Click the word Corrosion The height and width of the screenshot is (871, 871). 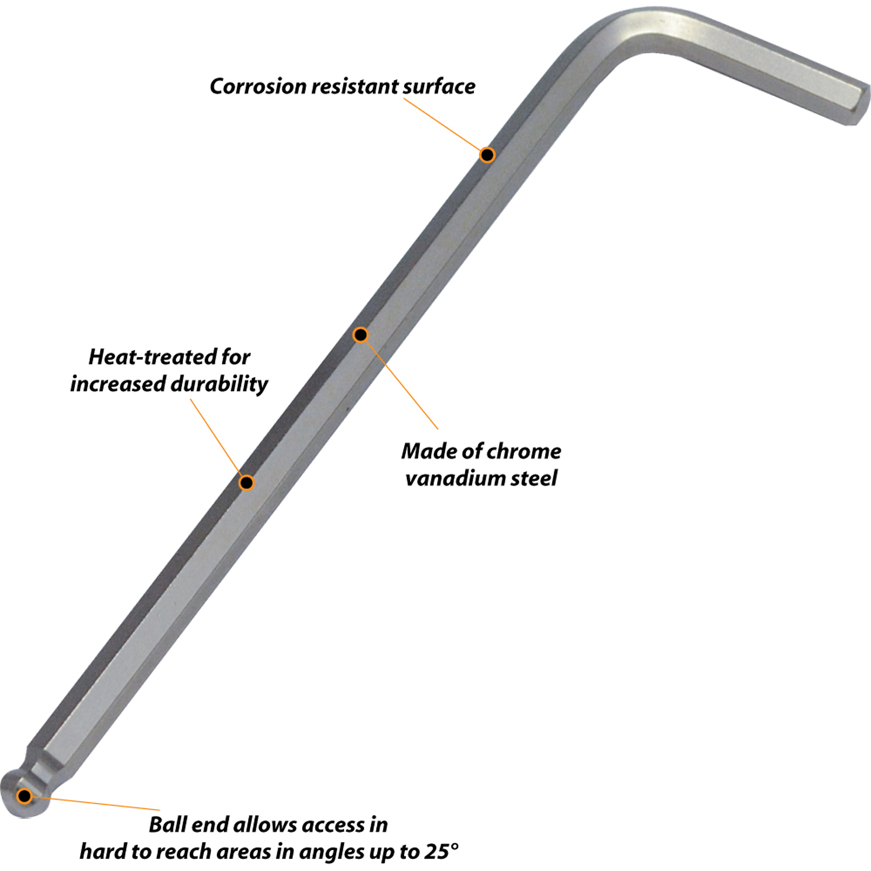coord(258,86)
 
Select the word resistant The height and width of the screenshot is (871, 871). coord(355,86)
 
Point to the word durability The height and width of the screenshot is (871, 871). coord(219,384)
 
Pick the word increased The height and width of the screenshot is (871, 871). coord(118,384)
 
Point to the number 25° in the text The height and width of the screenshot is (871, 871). coord(441,851)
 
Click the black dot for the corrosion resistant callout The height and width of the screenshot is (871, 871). coord(487,155)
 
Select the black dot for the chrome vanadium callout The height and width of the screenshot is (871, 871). coord(361,334)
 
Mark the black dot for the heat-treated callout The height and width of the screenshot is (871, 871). coord(246,483)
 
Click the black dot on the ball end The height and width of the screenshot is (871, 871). coord(24,796)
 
